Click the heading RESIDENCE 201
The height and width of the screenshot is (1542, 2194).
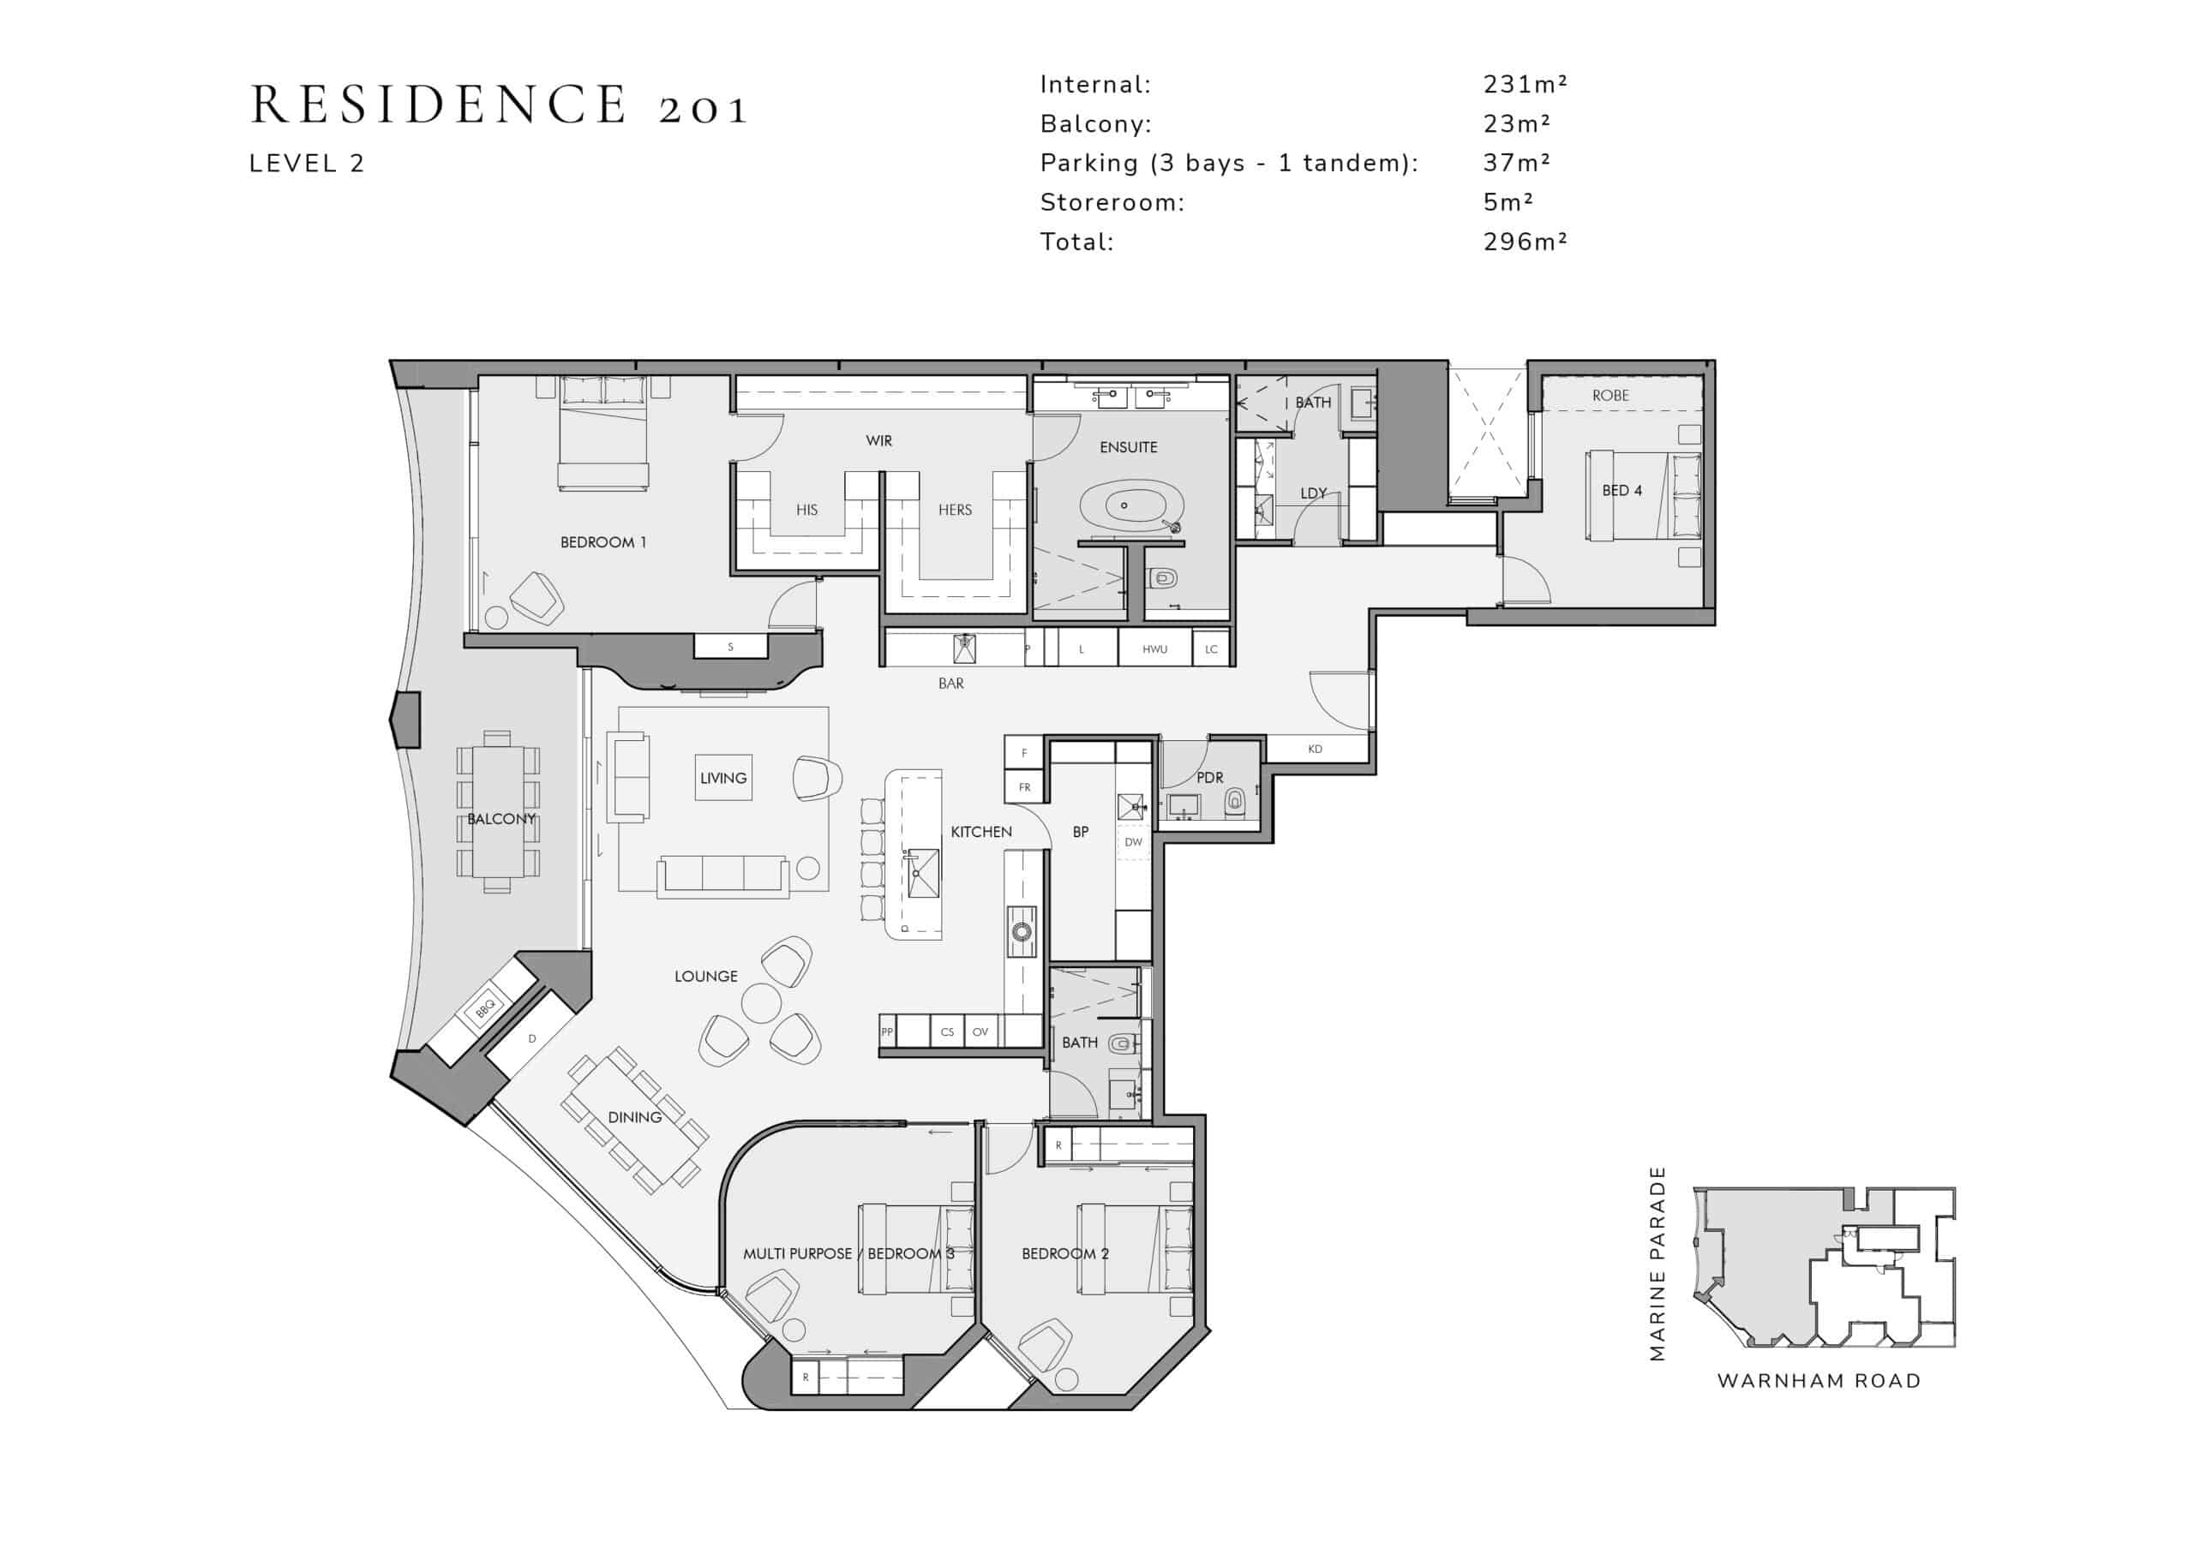click(x=499, y=105)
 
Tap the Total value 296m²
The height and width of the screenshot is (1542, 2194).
click(x=1526, y=242)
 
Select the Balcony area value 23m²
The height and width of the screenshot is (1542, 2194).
click(x=1516, y=123)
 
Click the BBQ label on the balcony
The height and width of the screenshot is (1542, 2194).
click(x=485, y=1007)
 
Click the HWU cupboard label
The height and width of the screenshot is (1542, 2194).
click(x=1154, y=649)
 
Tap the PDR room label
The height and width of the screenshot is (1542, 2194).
click(x=1210, y=778)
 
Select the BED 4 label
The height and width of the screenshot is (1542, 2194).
click(x=1622, y=490)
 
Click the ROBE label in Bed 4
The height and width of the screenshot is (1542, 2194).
click(x=1610, y=395)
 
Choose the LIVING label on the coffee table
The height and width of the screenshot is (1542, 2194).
click(x=722, y=778)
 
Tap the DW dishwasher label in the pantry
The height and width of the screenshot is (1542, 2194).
click(x=1133, y=842)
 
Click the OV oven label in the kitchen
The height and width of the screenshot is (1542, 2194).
click(x=980, y=1031)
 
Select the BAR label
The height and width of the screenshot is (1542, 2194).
click(x=950, y=683)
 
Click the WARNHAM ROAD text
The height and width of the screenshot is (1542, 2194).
click(x=1819, y=1381)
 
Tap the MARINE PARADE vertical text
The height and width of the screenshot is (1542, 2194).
click(x=1657, y=1263)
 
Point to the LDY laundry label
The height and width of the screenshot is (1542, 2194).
click(x=1314, y=493)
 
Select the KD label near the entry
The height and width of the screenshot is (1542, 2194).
click(x=1315, y=749)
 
